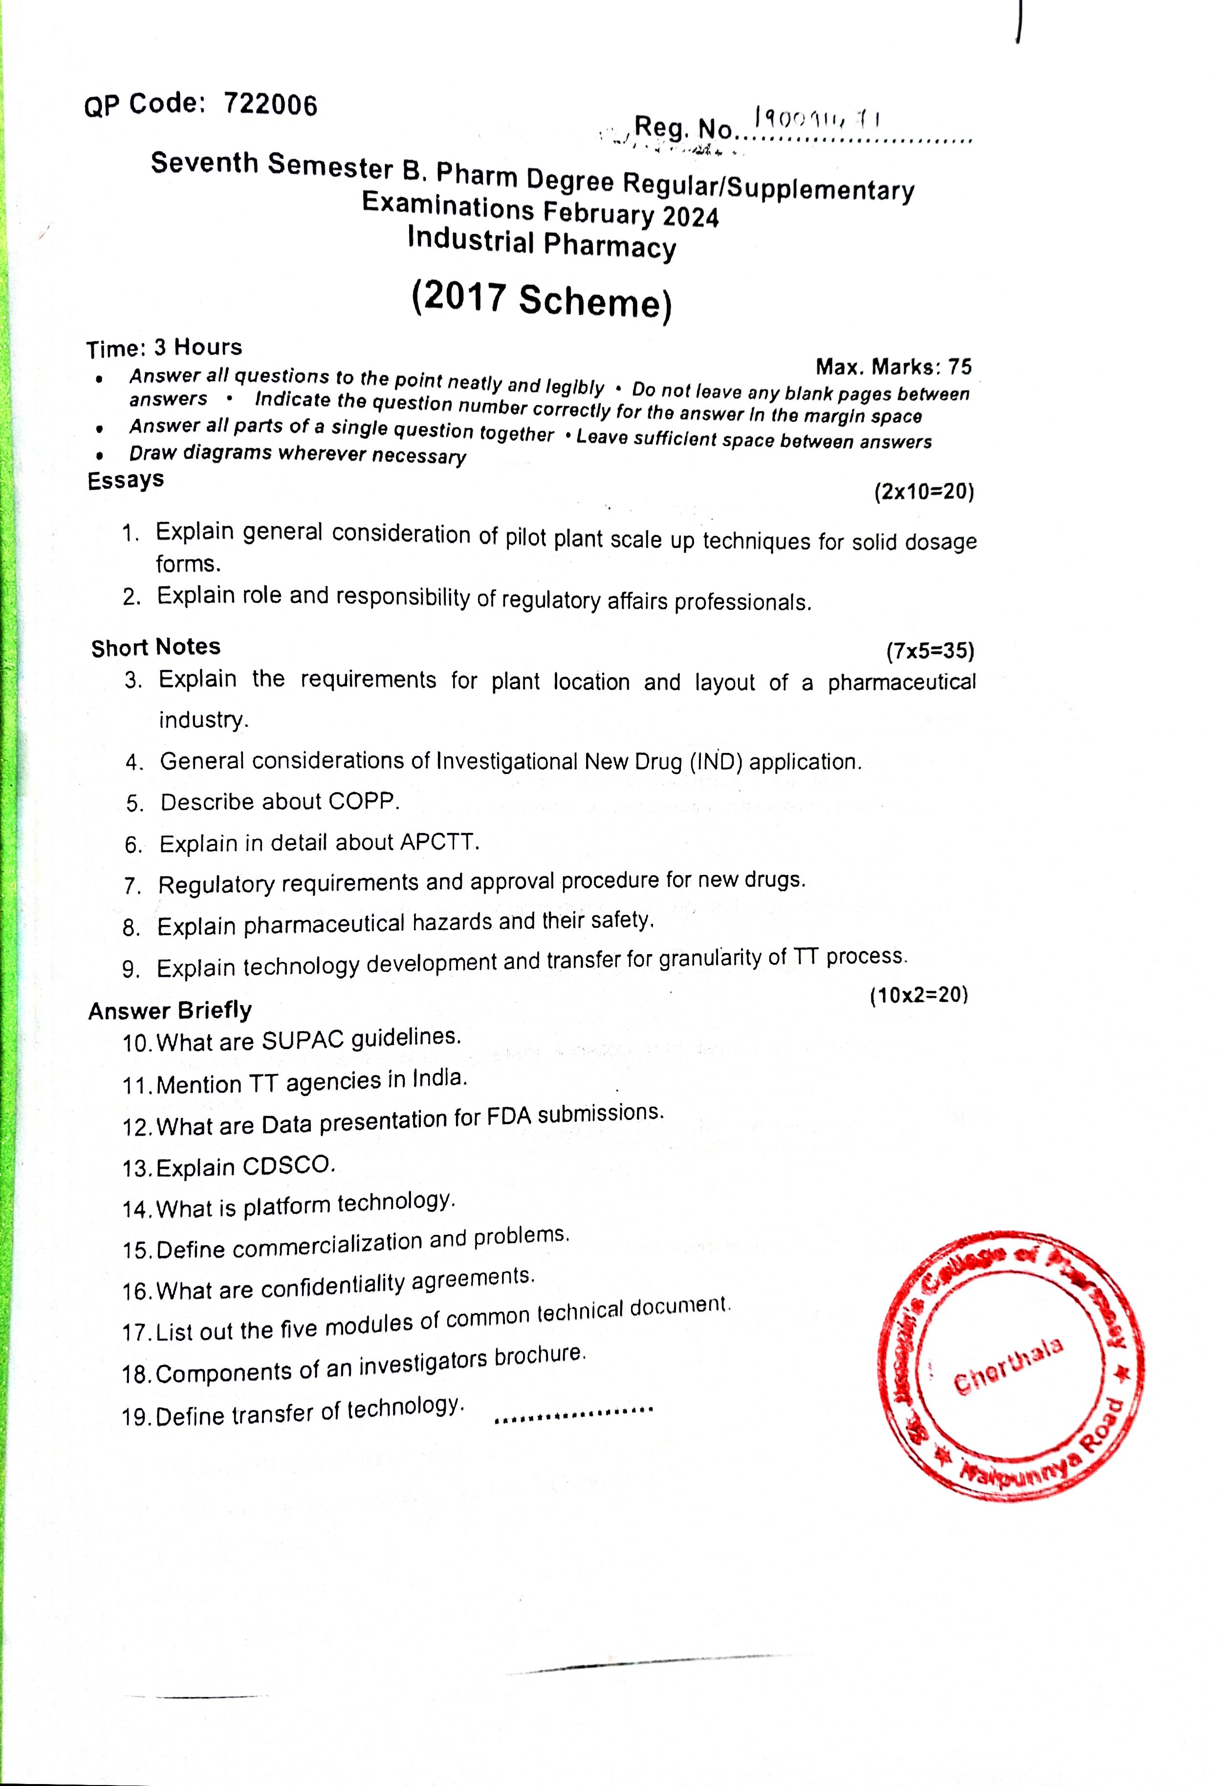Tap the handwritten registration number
click(819, 119)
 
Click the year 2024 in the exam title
click(691, 217)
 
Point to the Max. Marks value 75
click(959, 367)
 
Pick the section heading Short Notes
click(156, 647)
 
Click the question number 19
click(136, 1416)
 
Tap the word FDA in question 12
click(509, 1116)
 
